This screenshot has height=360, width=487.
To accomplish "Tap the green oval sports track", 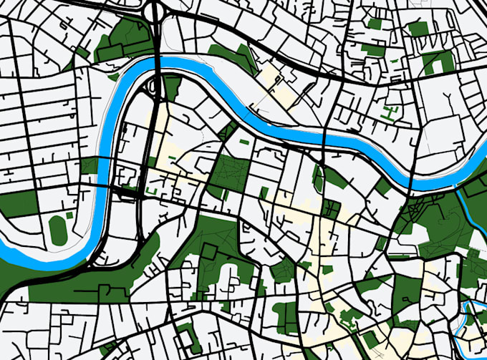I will tap(58, 228).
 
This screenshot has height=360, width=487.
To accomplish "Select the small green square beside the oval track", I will tap(69, 215).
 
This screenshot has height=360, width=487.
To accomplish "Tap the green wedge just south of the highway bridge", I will tap(172, 87).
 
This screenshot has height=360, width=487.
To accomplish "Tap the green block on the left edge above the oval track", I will tap(18, 205).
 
